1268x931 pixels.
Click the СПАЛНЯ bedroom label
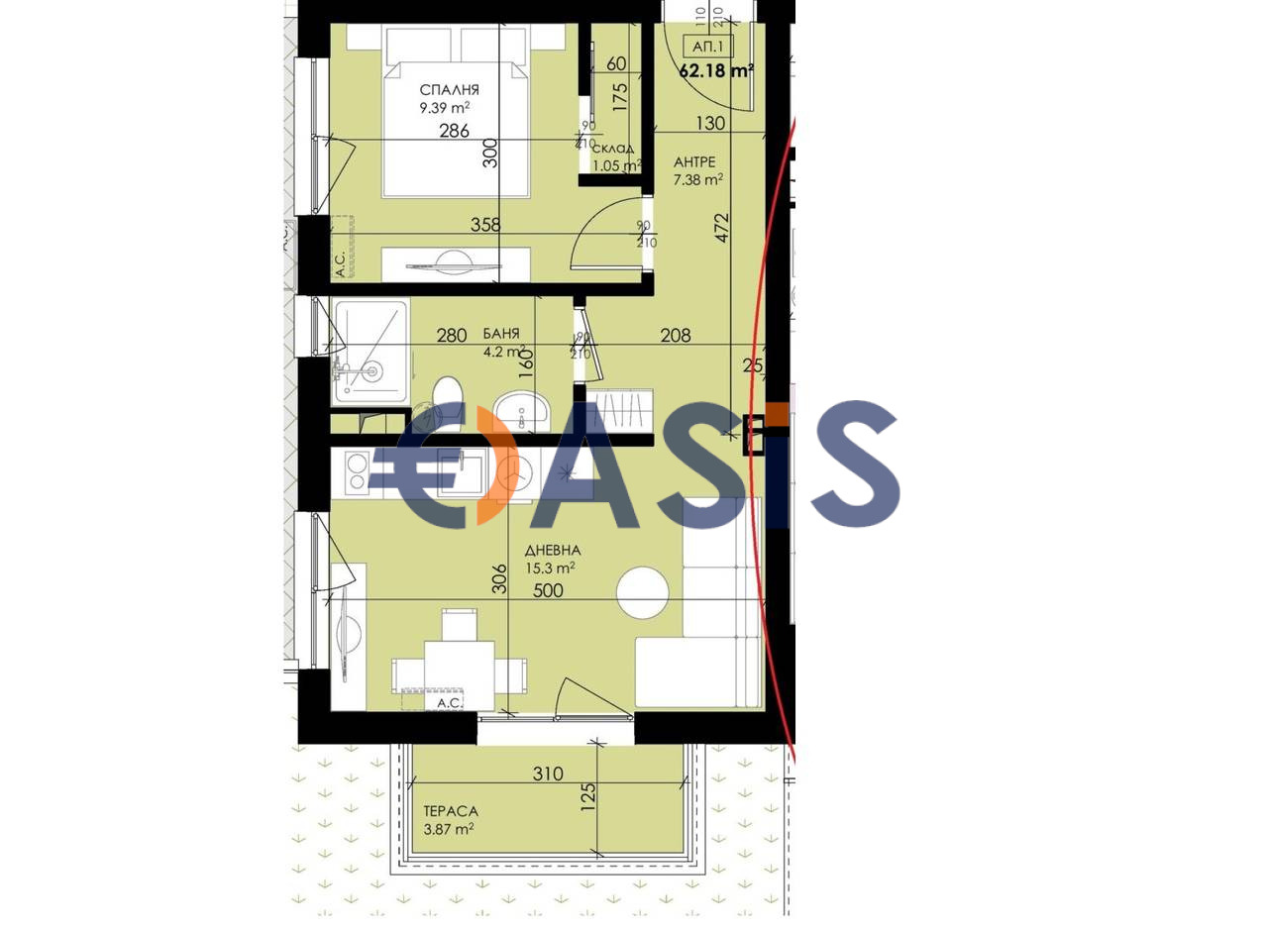coord(449,90)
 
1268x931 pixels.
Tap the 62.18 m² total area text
coord(716,71)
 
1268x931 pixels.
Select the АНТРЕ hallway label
coord(694,162)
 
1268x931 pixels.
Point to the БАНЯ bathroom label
coord(501,334)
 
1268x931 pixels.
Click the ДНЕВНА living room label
coord(553,551)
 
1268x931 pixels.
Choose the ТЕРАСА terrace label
coord(451,811)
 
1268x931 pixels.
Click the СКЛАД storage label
coord(613,149)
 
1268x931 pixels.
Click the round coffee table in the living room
coord(642,592)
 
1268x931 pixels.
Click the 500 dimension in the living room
coord(548,591)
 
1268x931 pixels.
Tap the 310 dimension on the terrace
coord(548,775)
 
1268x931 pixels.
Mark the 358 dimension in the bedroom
coord(485,226)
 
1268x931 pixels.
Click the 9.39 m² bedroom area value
coord(445,109)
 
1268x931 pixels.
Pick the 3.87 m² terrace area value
coord(449,830)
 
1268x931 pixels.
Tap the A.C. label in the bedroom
coord(340,264)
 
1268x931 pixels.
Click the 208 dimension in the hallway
coord(676,336)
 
